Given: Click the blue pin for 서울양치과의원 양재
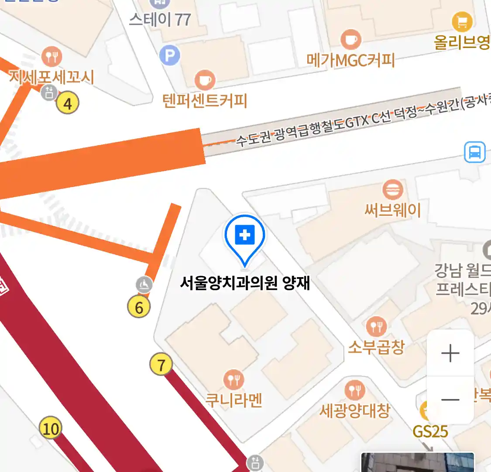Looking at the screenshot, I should point(245,236).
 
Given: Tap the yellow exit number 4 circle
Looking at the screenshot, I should point(67,103).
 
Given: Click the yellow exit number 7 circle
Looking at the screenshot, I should point(161,364).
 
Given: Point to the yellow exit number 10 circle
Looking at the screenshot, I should point(50,428).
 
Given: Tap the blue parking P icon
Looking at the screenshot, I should point(170,56).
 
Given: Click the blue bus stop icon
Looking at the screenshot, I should point(475,152).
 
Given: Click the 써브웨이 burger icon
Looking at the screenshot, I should point(392,190).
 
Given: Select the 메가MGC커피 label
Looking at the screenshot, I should point(350,60).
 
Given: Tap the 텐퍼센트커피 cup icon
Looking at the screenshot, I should point(205,80).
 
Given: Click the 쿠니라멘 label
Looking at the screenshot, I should point(234,400).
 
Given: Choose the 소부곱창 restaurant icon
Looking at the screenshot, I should point(376,326).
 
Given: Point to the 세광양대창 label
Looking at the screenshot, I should point(354,411).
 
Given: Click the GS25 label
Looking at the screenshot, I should point(430,431).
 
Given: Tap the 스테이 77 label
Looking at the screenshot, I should point(160,20).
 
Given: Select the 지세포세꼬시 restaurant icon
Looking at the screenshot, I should point(52,56).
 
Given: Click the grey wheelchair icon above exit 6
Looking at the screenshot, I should point(144,285).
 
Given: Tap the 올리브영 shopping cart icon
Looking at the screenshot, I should point(462,21).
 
